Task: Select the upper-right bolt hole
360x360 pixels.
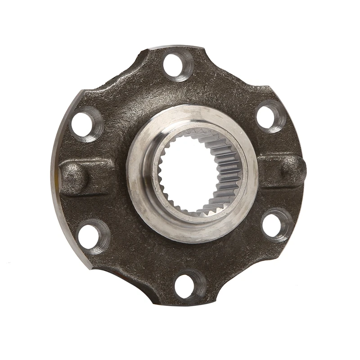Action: tap(270, 117)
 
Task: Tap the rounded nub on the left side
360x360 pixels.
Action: tap(74, 177)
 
